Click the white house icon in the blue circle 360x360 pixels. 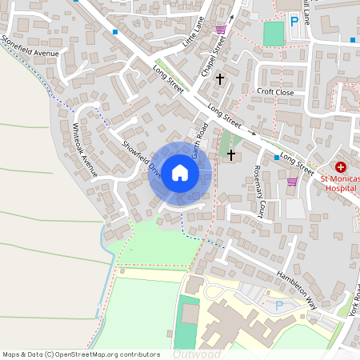tap(180, 173)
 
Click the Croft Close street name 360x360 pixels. tap(275, 92)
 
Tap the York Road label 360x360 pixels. tap(354, 300)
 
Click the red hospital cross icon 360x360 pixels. tap(341, 167)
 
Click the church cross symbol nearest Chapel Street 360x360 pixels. tap(218, 82)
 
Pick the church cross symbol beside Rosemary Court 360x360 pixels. tap(232, 154)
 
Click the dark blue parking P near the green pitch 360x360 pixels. tap(294, 22)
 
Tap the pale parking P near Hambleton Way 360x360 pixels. tap(279, 305)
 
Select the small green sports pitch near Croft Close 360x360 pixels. tap(274, 34)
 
